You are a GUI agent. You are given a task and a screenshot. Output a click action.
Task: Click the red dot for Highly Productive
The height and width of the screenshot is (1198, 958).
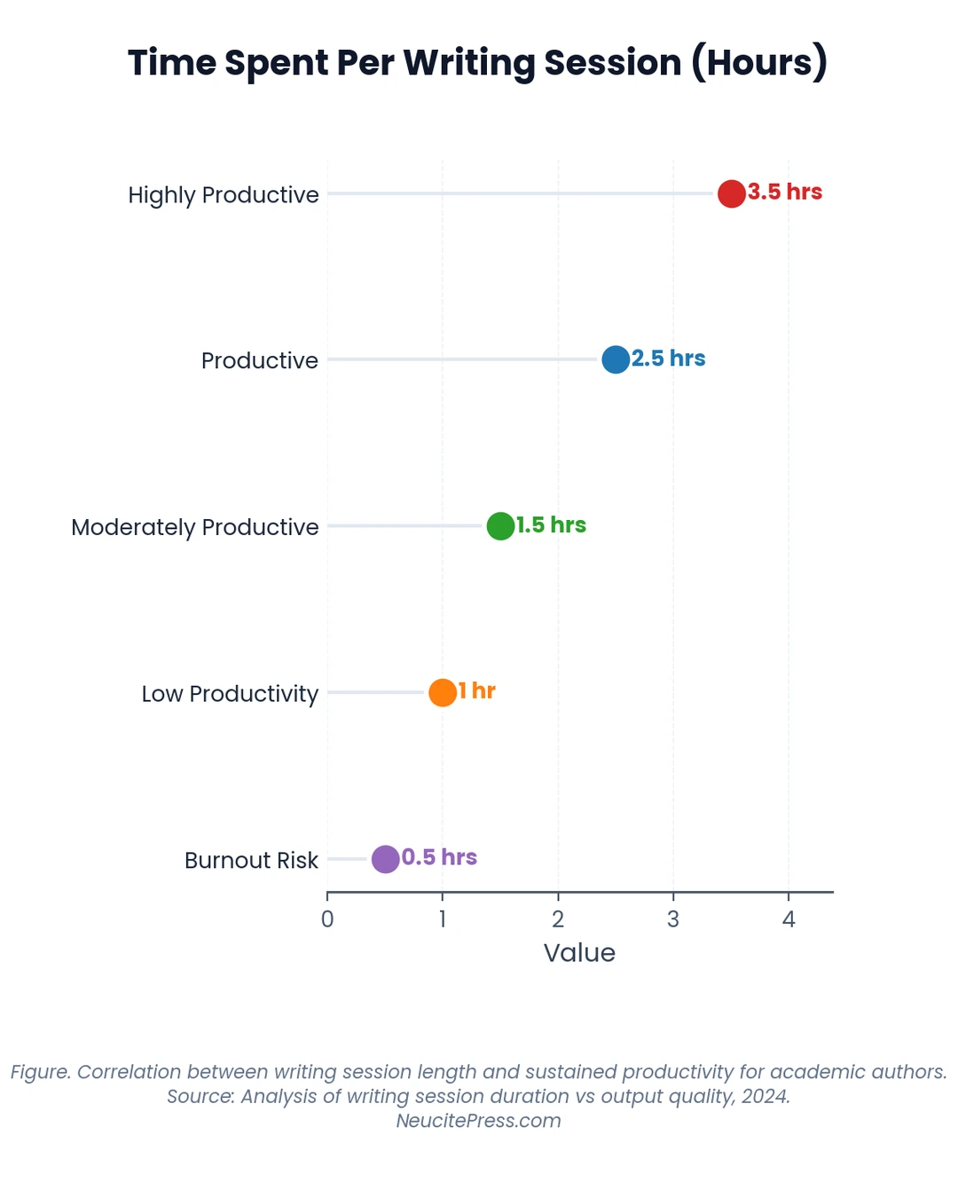731,193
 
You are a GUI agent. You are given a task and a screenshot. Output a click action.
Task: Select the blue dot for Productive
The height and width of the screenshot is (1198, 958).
615,359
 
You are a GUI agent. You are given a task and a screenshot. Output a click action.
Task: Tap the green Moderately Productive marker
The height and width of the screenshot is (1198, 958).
500,526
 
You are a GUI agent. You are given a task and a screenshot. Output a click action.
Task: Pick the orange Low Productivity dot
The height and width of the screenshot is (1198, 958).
442,692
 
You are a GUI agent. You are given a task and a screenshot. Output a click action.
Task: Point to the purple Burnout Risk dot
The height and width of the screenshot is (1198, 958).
385,859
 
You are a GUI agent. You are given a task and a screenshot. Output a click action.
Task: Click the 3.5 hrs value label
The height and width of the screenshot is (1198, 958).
785,192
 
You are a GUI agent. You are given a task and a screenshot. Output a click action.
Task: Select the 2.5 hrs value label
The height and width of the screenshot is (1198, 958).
669,359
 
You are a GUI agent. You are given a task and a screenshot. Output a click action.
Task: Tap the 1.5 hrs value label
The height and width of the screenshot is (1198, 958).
551,525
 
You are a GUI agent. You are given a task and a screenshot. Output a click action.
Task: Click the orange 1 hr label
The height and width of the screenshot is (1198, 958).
477,691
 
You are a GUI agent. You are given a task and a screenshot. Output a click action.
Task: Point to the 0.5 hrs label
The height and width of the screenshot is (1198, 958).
439,857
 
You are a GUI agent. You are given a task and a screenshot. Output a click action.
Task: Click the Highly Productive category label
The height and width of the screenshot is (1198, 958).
224,195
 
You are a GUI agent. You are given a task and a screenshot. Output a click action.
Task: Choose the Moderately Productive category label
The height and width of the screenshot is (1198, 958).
195,528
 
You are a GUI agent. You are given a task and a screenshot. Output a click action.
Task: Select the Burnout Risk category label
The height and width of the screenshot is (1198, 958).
251,860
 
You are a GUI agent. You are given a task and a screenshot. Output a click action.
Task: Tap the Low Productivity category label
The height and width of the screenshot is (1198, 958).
230,694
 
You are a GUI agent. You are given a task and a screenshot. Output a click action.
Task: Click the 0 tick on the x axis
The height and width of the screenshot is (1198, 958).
327,919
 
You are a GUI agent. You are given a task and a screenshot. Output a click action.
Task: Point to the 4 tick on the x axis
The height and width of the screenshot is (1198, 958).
789,919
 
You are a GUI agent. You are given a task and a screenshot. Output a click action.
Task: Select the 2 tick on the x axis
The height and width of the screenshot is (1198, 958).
558,919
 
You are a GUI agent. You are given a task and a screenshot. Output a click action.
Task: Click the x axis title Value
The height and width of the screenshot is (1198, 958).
579,954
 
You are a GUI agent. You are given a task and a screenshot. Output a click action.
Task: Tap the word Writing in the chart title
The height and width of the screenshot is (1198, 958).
469,64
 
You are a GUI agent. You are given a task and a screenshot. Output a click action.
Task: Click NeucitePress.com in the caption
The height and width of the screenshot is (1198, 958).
479,1121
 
